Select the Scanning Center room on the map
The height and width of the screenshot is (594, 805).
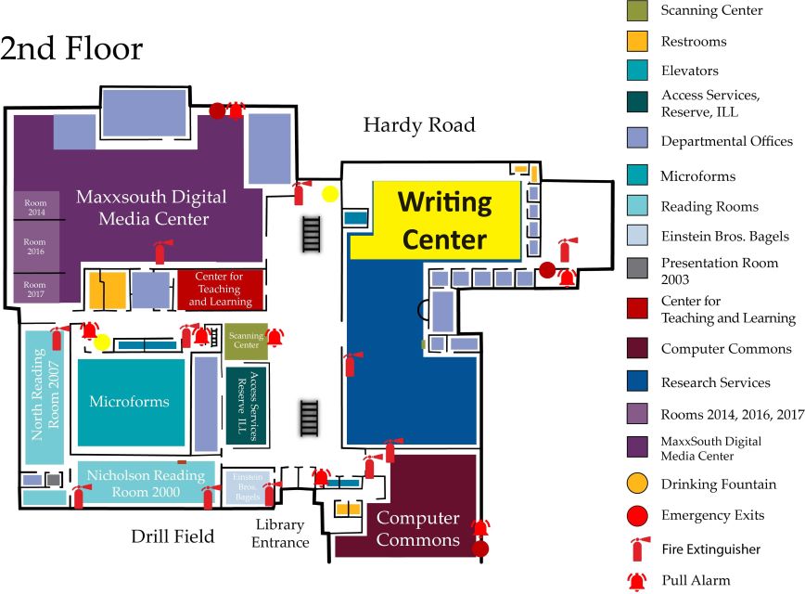[246, 341]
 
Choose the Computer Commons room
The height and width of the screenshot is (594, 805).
[417, 528]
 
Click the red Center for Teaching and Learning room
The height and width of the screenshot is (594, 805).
[223, 289]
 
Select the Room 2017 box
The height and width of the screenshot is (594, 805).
[35, 289]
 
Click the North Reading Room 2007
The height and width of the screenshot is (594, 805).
[43, 397]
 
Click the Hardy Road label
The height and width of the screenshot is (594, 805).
[418, 125]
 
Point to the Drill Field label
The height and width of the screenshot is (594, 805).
[172, 536]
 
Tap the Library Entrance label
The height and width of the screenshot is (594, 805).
[281, 534]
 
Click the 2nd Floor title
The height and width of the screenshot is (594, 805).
[71, 48]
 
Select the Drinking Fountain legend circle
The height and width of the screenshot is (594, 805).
[637, 484]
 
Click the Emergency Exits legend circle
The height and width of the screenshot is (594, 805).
[637, 515]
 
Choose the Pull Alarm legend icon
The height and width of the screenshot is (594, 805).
[637, 581]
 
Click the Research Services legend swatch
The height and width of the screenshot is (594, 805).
[637, 382]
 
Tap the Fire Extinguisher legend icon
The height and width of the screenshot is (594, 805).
[637, 549]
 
